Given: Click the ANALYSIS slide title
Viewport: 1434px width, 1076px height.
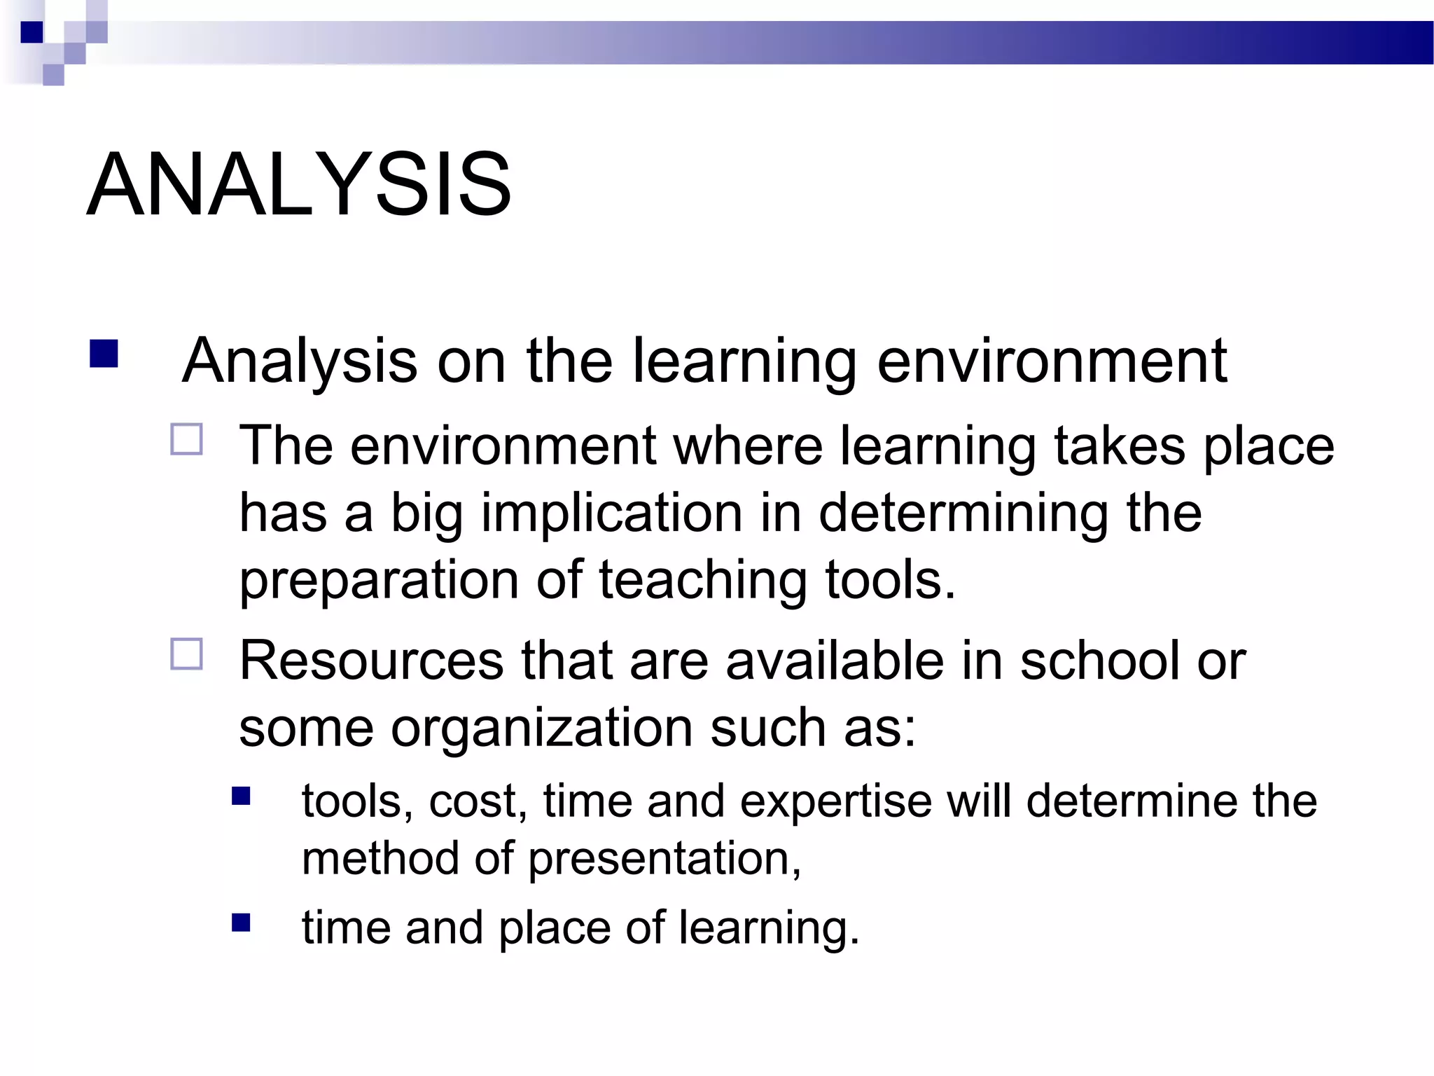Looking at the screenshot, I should [x=299, y=185].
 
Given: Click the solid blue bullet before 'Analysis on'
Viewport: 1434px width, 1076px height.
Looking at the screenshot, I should [x=104, y=354].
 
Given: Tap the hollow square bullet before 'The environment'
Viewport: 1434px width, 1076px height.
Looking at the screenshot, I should [x=186, y=439].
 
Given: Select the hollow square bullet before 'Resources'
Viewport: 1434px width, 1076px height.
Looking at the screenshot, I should [x=186, y=654].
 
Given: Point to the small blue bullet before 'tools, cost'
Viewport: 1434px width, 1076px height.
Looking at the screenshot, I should [x=241, y=796].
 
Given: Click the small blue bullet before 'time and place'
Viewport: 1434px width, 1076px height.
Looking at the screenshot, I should [x=241, y=923].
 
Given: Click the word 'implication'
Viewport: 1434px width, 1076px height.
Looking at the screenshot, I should [x=611, y=513].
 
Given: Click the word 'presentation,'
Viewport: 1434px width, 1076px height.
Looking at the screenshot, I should [x=664, y=859].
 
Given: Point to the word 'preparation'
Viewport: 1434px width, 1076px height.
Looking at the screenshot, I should [x=379, y=581].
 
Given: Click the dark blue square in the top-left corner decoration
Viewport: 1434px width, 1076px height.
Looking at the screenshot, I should [x=32, y=32].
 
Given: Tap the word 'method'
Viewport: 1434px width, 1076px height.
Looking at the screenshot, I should [x=380, y=858].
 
